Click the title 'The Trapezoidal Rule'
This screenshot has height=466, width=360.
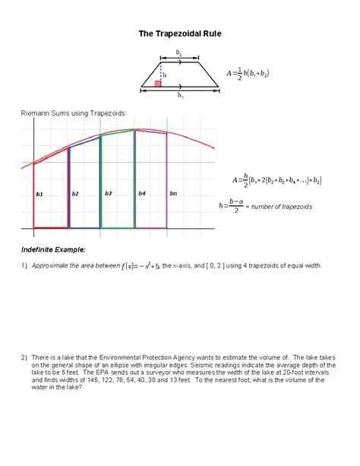coord(179,34)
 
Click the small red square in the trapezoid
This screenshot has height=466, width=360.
coord(158,83)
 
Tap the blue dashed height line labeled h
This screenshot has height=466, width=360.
coord(161,74)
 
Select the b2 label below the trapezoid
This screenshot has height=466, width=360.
coord(180,97)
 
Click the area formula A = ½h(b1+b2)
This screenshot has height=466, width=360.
coord(248,74)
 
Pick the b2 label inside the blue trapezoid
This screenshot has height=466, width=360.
coord(75,194)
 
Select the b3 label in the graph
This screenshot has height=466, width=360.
coord(109,194)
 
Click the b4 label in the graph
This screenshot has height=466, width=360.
coord(142,194)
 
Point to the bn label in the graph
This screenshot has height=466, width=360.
coord(173,194)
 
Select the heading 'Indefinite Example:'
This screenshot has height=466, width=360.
coord(53,249)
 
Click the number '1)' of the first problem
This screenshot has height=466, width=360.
coord(24,266)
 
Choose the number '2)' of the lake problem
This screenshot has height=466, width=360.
coord(24,357)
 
